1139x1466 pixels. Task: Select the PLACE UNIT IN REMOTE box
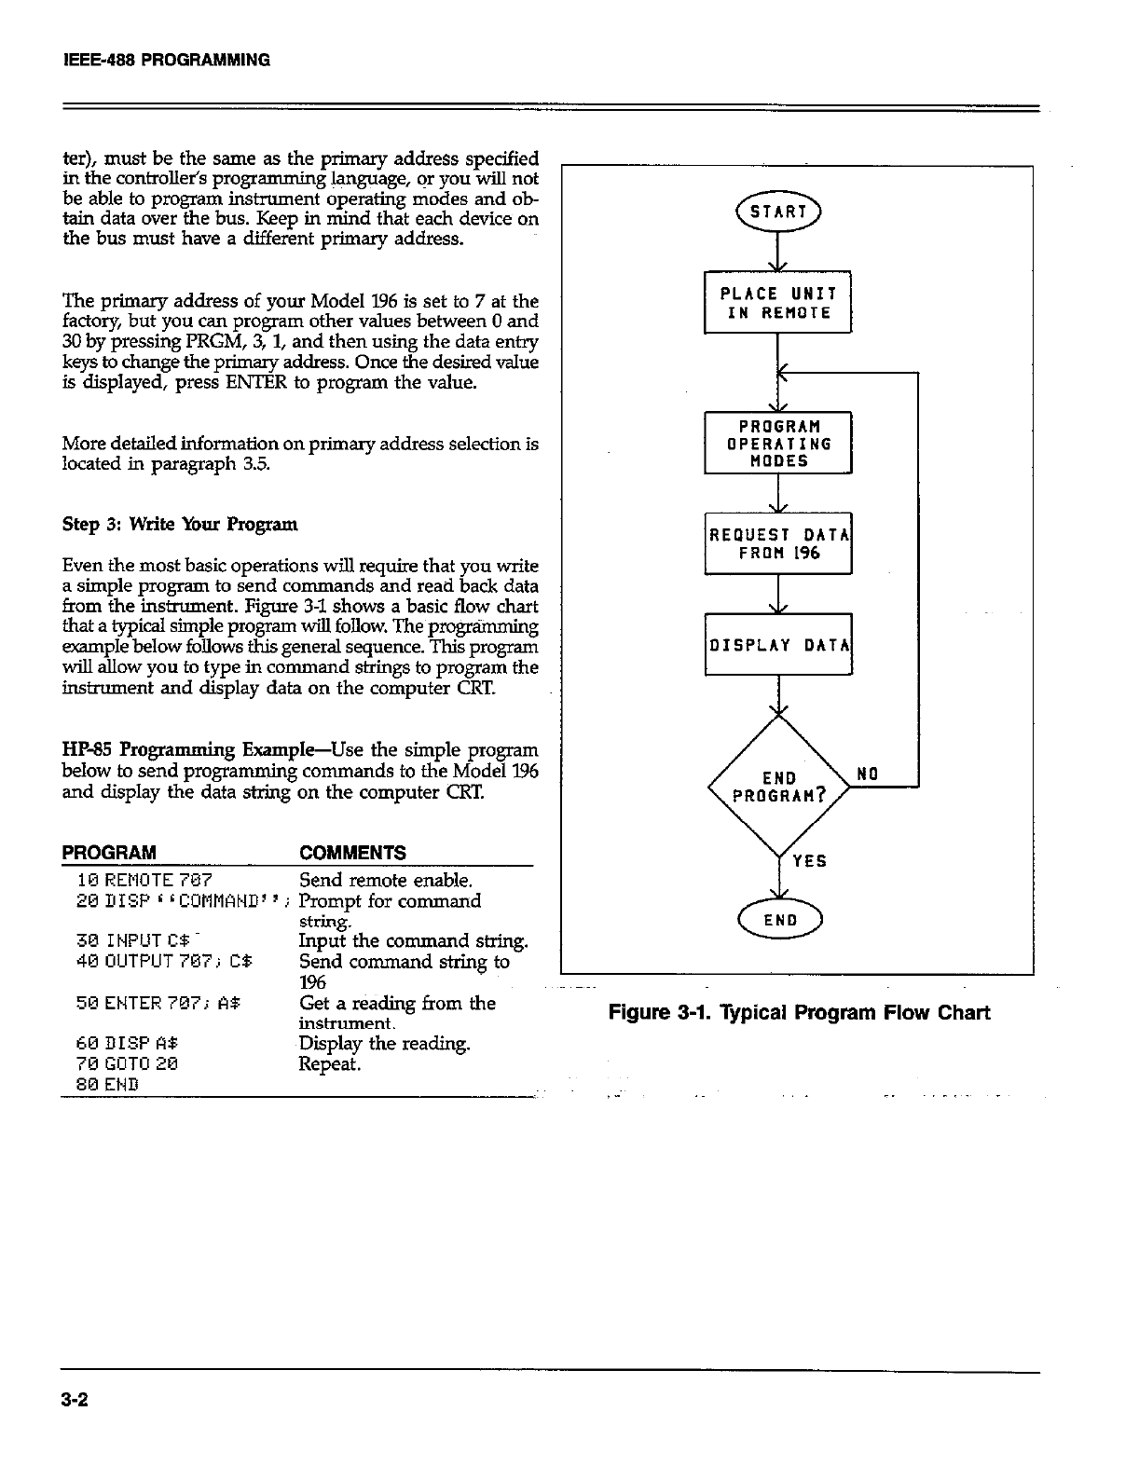(x=777, y=302)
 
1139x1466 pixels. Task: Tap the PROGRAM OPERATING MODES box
(x=777, y=443)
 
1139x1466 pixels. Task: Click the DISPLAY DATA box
(x=777, y=644)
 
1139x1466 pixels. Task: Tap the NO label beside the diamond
(x=867, y=773)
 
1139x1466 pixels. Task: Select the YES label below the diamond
(x=809, y=861)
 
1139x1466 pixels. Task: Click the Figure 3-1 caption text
(x=799, y=1012)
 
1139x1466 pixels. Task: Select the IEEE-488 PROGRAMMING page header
(x=166, y=61)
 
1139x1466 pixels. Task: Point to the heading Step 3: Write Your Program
(x=179, y=524)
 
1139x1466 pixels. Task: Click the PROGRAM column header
(x=108, y=853)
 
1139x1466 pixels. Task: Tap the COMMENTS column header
(x=352, y=853)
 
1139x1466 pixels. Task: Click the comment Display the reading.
(x=384, y=1044)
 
